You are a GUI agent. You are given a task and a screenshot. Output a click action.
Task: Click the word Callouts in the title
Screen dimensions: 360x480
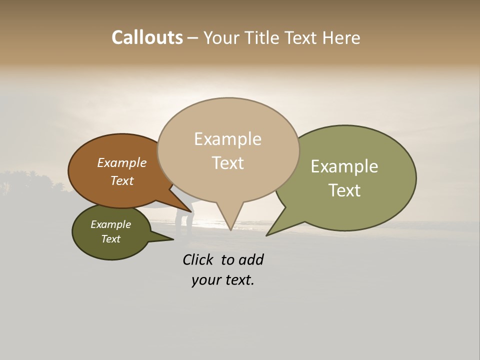point(147,37)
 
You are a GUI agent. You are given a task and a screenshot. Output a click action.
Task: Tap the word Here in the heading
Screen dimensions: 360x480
point(340,37)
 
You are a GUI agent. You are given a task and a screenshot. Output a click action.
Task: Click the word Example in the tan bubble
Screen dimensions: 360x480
point(227,139)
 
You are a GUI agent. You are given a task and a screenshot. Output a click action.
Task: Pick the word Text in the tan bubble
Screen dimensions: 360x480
point(227,163)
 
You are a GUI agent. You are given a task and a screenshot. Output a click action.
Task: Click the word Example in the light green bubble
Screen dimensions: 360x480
point(344,166)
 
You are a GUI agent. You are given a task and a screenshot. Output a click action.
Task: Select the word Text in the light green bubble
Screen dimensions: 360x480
point(344,190)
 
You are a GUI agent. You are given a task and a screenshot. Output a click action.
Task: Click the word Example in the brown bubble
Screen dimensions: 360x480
point(121,163)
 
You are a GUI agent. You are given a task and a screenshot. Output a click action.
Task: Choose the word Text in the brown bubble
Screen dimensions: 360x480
point(121,180)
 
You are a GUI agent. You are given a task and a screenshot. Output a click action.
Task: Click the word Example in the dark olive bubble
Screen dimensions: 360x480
point(110,224)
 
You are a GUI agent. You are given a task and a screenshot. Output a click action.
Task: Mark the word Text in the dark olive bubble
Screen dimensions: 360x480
point(110,239)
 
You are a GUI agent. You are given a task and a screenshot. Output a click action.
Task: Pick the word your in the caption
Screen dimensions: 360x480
point(206,280)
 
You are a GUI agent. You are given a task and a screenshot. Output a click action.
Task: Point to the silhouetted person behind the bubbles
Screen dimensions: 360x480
point(183,220)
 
